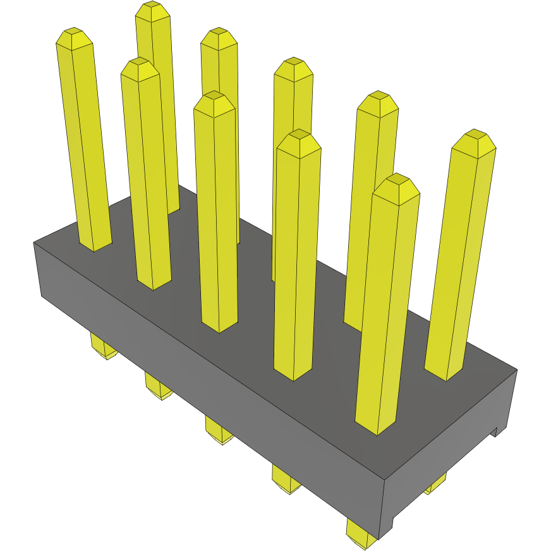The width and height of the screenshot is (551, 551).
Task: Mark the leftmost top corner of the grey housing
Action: pyautogui.click(x=33, y=243)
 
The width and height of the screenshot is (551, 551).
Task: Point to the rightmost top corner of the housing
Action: pyautogui.click(x=517, y=370)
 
